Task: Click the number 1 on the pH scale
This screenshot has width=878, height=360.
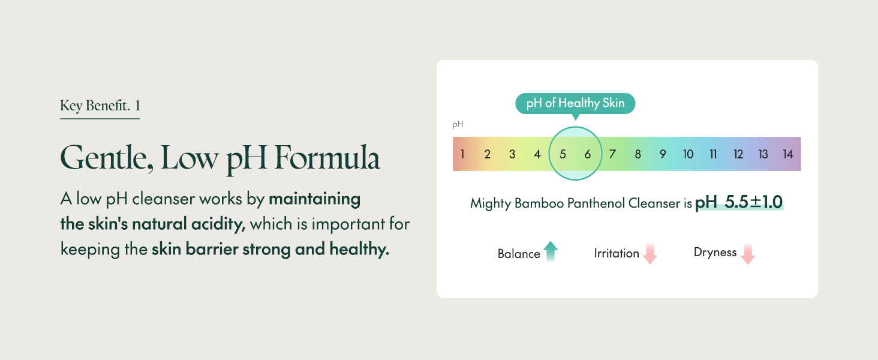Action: [462, 154]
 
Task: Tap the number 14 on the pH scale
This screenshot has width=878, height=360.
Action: [788, 154]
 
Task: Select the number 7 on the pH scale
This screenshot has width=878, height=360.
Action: [612, 154]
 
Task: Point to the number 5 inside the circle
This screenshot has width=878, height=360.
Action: [563, 154]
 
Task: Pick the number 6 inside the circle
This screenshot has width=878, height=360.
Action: [588, 154]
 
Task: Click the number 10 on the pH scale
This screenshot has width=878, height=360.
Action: [688, 154]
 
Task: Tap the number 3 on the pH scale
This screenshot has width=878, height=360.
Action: [512, 154]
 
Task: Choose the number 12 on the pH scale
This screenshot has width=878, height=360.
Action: [738, 154]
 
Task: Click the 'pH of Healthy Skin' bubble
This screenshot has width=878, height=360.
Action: [575, 104]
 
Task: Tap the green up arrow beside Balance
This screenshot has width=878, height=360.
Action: [551, 251]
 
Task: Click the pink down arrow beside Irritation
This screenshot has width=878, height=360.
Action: [650, 253]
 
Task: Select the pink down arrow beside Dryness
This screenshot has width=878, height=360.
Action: [748, 254]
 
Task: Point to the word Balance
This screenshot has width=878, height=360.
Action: [519, 254]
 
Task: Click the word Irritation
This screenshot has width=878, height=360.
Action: [617, 253]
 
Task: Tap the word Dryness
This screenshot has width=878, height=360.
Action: [715, 252]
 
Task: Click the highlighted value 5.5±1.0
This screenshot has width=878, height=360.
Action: [753, 202]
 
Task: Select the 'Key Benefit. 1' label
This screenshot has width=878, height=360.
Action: [100, 106]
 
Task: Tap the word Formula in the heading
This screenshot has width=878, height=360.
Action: [327, 157]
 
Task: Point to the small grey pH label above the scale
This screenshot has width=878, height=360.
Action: [458, 124]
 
